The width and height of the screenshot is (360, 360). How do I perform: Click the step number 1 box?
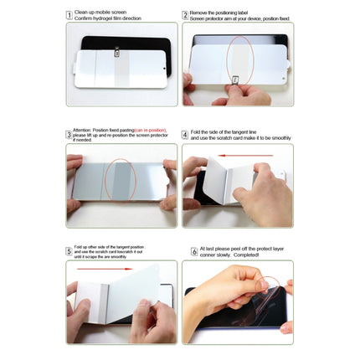70,15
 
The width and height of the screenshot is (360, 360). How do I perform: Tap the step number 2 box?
186,15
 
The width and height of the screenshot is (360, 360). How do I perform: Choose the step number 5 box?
70,250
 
